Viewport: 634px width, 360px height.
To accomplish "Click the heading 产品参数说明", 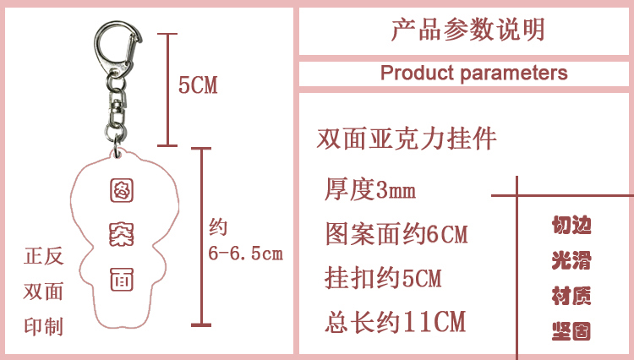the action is coord(467,30).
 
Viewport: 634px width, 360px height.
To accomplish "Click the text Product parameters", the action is coord(473,73).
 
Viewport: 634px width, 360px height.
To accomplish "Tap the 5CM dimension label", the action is coord(198,85).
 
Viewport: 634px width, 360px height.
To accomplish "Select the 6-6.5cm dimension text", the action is coord(245,253).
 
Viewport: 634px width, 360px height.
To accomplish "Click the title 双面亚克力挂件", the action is coord(406,138).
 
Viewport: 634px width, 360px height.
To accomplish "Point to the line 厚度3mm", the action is coord(370,189).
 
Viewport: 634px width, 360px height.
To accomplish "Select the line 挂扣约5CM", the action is coord(384,277).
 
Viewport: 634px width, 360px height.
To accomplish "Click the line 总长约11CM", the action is coord(396,321).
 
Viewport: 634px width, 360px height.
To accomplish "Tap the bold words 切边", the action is coord(571,226).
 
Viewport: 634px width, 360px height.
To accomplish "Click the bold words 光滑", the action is coord(571,260).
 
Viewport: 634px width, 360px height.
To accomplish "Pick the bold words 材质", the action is coord(571,295).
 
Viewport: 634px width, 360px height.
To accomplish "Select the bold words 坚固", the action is coord(571,330).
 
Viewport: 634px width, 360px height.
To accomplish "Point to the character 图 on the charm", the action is coord(121,192).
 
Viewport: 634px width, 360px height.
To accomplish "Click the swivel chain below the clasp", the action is coord(114,117).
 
